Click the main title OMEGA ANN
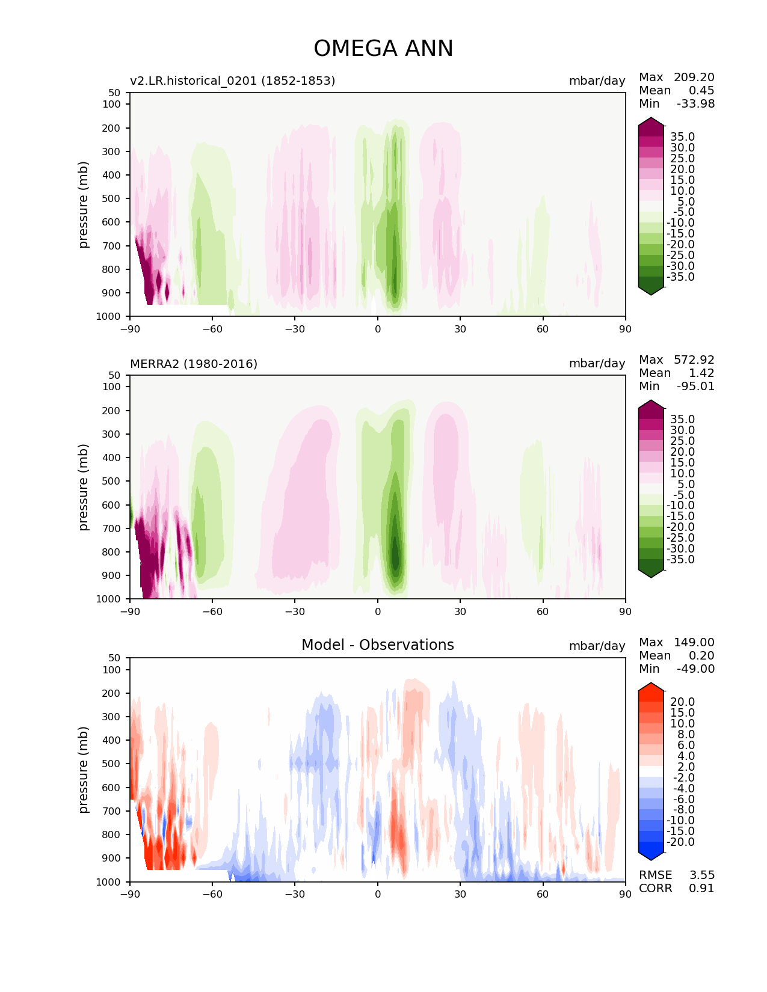point(383,49)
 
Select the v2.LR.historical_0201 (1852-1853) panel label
point(232,81)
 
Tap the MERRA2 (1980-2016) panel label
point(194,364)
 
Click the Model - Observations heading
point(377,645)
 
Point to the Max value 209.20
point(694,77)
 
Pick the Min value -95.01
point(695,386)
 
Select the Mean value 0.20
point(701,655)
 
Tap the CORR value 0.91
point(701,888)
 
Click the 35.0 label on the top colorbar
point(682,137)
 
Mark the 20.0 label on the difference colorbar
point(682,702)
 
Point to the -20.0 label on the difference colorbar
point(681,842)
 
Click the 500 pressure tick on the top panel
point(113,198)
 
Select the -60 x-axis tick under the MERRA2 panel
point(212,611)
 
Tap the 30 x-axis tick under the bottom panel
point(460,894)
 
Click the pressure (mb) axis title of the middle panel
point(84,487)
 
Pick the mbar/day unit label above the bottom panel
point(597,646)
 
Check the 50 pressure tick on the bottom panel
point(116,658)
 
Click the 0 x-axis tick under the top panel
point(378,329)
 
